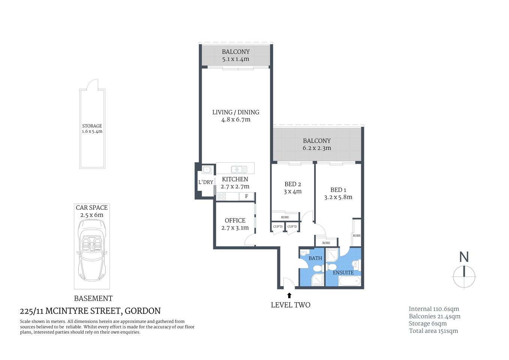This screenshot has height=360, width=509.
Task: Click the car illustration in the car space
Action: [x=92, y=250]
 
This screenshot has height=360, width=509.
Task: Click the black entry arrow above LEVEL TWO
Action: [x=289, y=295]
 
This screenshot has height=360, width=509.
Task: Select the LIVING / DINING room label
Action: [x=235, y=112]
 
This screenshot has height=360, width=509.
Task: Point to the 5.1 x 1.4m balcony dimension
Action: [x=235, y=59]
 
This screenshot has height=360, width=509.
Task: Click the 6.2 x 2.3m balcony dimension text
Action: [x=317, y=148]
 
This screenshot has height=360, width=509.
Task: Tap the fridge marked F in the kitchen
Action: [x=247, y=196]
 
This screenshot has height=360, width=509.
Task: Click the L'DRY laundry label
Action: [x=205, y=182]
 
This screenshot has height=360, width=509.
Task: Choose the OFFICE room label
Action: [x=235, y=220]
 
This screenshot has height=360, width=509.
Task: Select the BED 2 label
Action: [x=292, y=184]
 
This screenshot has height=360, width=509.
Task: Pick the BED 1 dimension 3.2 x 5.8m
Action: [x=338, y=197]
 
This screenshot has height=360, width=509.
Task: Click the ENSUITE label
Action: [x=343, y=273]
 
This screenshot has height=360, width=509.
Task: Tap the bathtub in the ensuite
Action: [x=349, y=281]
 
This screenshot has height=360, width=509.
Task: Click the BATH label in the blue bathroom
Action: [x=315, y=258]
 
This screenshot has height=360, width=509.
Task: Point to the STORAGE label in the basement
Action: [x=92, y=126]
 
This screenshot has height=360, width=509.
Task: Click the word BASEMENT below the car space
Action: [x=93, y=298]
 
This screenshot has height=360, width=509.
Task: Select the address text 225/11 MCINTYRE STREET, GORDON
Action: [x=90, y=311]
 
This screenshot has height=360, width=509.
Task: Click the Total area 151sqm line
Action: [x=433, y=331]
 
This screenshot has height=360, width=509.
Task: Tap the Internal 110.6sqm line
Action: [x=434, y=309]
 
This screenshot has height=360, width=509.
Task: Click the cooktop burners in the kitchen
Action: [x=222, y=196]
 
